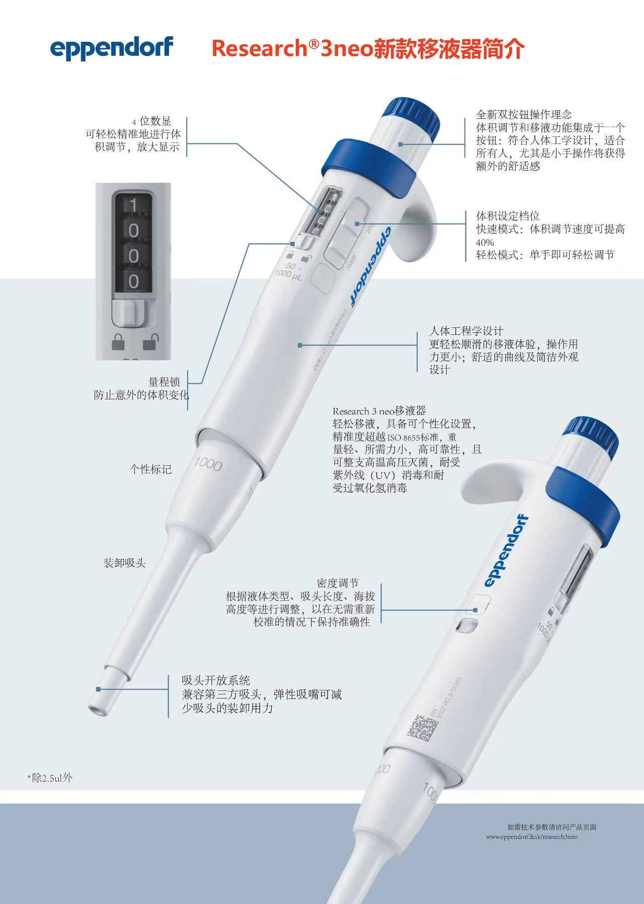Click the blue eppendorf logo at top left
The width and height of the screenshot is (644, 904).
(112, 48)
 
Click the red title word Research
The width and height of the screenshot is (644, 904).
(259, 49)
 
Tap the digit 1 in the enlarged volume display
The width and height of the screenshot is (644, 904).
(133, 205)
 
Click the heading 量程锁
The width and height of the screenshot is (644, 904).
(164, 382)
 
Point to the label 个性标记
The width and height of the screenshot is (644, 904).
(150, 469)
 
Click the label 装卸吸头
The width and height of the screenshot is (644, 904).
(124, 563)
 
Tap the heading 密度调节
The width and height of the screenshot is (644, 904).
(338, 583)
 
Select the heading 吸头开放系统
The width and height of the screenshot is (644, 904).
(216, 680)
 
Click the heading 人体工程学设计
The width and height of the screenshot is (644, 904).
(466, 331)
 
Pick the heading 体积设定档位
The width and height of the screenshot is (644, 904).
(508, 216)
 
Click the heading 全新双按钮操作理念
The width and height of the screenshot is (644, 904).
(524, 115)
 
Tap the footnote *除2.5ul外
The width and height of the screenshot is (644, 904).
(50, 778)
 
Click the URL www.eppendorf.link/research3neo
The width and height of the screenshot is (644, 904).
(532, 837)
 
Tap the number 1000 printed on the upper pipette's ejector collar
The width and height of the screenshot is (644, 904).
(208, 463)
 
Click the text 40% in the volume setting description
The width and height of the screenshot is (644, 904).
(485, 242)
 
